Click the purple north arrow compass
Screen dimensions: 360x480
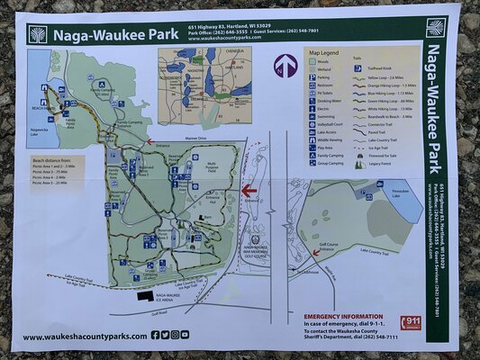(x=285, y=65)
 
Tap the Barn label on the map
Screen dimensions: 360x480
(x=206, y=217)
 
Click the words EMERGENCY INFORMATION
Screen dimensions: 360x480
(x=341, y=316)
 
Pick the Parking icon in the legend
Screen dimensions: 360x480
(x=310, y=76)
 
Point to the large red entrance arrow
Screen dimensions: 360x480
(x=249, y=190)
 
